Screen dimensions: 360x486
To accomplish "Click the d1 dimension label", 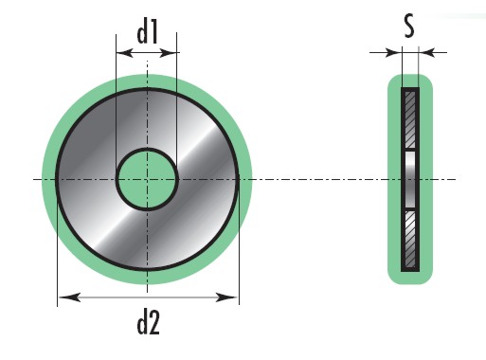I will pos(147,34).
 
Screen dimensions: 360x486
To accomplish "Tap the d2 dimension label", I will pos(147,323).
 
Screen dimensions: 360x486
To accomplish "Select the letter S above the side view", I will pos(408,27).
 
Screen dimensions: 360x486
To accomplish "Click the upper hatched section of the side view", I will pos(410,118).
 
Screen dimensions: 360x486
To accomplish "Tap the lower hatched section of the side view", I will pos(410,238).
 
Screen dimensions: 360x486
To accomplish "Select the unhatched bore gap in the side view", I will pos(410,178).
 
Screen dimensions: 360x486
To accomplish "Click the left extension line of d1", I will pos(117,104).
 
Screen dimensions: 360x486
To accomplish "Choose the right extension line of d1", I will pos(178,104).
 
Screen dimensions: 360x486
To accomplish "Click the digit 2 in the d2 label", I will pos(155,323).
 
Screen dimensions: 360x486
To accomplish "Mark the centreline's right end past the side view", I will pos(452,179).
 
